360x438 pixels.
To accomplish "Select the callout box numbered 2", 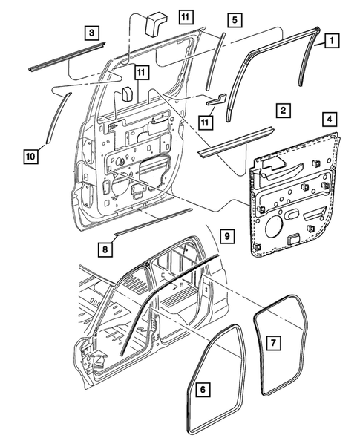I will tap(281, 111).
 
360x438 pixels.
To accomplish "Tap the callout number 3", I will tap(90, 33).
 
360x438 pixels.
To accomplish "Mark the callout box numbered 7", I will tap(272, 342).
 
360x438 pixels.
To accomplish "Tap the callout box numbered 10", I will tap(30, 157).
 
